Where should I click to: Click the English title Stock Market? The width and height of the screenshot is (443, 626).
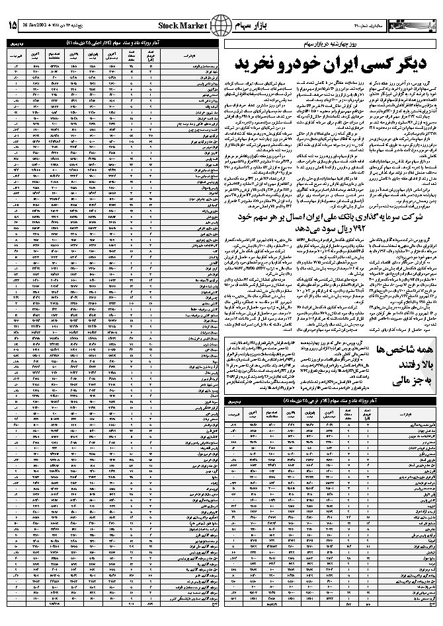click(x=179, y=25)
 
